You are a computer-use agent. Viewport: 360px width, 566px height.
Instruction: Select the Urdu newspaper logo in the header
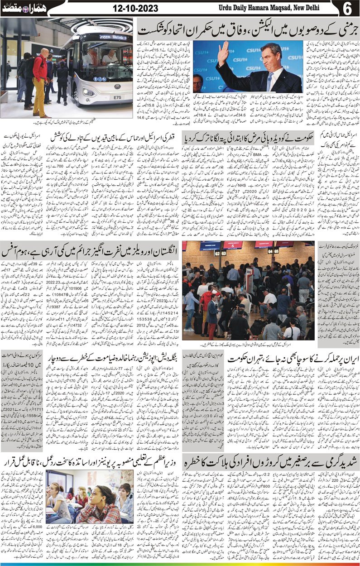pyautogui.click(x=18, y=9)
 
